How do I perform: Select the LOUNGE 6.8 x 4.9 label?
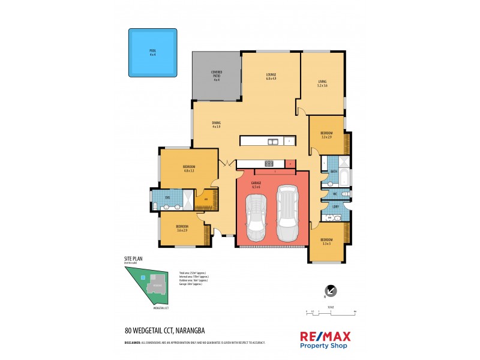tap(271, 77)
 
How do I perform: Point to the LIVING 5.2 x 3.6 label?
tap(322, 83)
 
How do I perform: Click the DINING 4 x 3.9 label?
tap(216, 124)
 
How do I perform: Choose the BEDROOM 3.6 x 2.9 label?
tap(182, 229)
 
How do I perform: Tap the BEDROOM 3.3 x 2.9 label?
tap(326, 135)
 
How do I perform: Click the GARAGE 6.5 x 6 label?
tap(272, 185)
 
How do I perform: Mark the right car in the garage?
tap(287, 212)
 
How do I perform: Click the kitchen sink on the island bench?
tap(273, 142)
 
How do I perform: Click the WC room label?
tap(335, 194)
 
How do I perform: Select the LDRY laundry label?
tap(334, 207)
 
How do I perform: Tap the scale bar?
tap(331, 313)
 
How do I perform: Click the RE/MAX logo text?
tap(325, 337)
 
